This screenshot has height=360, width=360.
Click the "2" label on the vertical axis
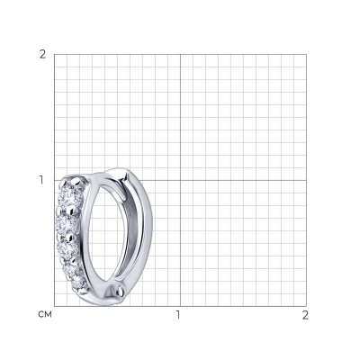point(43,55)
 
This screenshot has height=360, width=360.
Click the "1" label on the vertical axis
point(42,180)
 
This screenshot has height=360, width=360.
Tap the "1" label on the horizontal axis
point(179,315)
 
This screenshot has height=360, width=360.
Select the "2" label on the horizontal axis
point(305,315)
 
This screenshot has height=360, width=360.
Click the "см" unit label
point(45,314)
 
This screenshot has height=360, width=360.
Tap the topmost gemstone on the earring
point(69,195)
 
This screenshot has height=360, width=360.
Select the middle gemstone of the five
point(67,247)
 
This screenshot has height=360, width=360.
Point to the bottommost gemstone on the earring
point(78,283)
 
